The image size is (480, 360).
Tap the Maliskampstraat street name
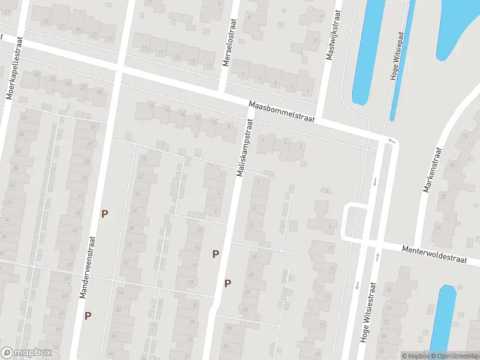coord(243,147)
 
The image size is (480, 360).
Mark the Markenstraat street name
coord(433,170)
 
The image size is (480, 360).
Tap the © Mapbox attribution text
coord(416,356)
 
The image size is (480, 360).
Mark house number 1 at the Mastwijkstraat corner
coord(308,92)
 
